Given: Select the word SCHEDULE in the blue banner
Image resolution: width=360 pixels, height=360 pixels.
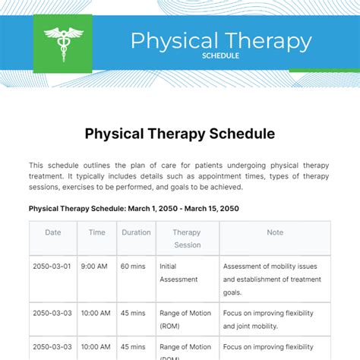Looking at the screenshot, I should [221, 55].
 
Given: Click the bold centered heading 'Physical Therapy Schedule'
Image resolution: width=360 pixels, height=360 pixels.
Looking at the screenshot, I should [179, 134].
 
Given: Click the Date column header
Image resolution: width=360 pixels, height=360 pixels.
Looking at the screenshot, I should [53, 232].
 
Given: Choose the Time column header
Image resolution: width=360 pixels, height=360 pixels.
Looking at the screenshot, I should [97, 232].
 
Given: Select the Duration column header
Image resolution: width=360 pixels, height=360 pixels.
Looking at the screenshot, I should [136, 232].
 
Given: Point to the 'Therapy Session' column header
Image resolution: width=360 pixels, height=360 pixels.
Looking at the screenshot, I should [187, 238].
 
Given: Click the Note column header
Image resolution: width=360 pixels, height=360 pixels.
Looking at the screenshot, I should [275, 232].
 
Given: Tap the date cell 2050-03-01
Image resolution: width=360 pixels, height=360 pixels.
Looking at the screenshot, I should [53, 267].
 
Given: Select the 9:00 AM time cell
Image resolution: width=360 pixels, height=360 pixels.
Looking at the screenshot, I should [97, 267].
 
